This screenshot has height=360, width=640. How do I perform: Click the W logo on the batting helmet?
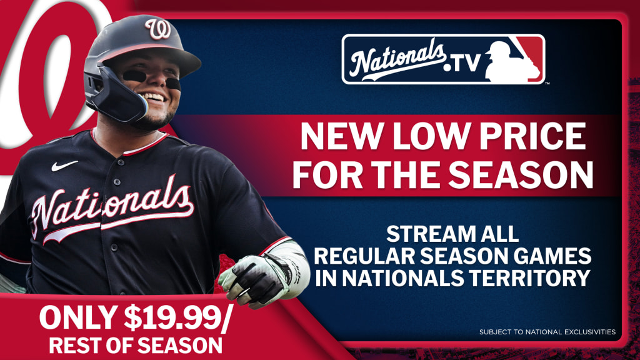click(x=158, y=29)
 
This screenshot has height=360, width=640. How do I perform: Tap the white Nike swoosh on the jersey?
click(x=64, y=165)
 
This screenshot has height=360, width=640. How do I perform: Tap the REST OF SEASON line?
click(x=136, y=345)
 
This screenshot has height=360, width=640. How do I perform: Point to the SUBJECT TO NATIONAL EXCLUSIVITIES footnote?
click(x=547, y=332)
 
